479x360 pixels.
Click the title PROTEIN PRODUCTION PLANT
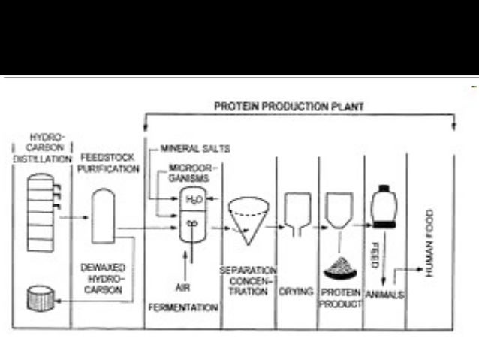(289, 107)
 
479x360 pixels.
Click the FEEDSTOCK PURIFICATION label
(109, 163)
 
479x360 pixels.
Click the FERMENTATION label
(184, 307)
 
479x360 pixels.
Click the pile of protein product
(340, 264)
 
